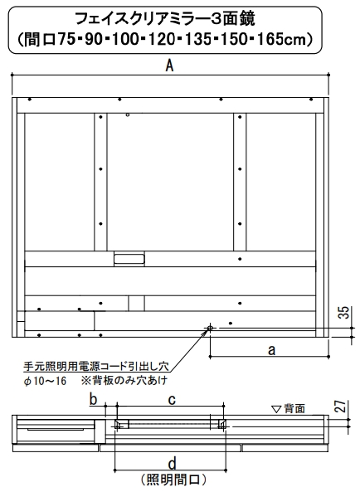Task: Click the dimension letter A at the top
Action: pos(169,66)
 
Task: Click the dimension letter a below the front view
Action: pos(271,349)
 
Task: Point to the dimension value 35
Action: pos(344,313)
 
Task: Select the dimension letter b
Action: pos(93,400)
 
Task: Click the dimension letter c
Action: pos(172,400)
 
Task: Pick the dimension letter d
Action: pos(172,464)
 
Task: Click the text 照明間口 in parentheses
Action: pos(173,480)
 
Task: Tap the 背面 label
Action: pos(294,408)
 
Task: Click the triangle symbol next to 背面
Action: pos(276,409)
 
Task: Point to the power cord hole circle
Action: pos(210,329)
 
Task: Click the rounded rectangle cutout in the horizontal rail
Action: pos(129,259)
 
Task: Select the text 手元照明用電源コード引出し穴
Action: pos(96,366)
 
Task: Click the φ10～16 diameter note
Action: pos(46,381)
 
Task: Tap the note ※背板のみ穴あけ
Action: pos(124,381)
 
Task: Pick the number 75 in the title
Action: pos(66,39)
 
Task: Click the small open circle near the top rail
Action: pos(127,114)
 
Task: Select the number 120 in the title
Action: pos(161,39)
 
